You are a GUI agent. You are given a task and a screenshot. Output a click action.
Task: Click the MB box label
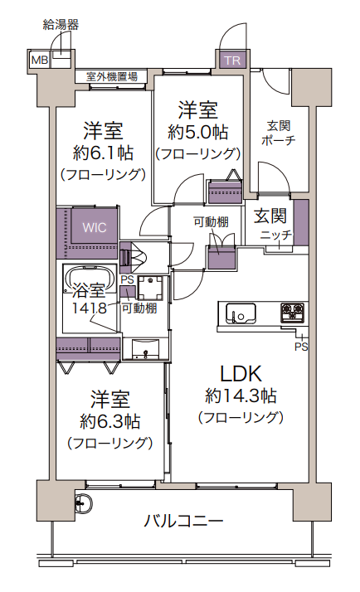click(x=39, y=60)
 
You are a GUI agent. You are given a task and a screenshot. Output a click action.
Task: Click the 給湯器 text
click(x=61, y=24)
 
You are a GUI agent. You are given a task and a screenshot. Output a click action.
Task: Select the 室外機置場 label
click(x=113, y=77)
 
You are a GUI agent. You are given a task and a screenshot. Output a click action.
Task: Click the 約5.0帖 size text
click(x=198, y=131)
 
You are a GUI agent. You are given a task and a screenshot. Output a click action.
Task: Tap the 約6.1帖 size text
click(x=103, y=153)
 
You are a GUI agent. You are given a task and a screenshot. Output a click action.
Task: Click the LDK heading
click(x=241, y=373)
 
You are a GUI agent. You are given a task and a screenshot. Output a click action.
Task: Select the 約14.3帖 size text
click(x=241, y=395)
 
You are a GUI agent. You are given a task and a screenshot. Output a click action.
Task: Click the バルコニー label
click(x=183, y=522)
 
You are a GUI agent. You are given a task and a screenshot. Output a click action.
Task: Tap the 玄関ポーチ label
click(x=277, y=133)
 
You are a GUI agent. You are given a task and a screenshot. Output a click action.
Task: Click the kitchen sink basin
click(x=241, y=313)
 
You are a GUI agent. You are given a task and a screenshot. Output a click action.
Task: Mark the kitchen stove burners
click(x=293, y=313)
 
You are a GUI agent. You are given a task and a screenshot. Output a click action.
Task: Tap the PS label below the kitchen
click(x=300, y=347)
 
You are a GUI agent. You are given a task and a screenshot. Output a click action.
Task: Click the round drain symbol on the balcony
click(x=83, y=501)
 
